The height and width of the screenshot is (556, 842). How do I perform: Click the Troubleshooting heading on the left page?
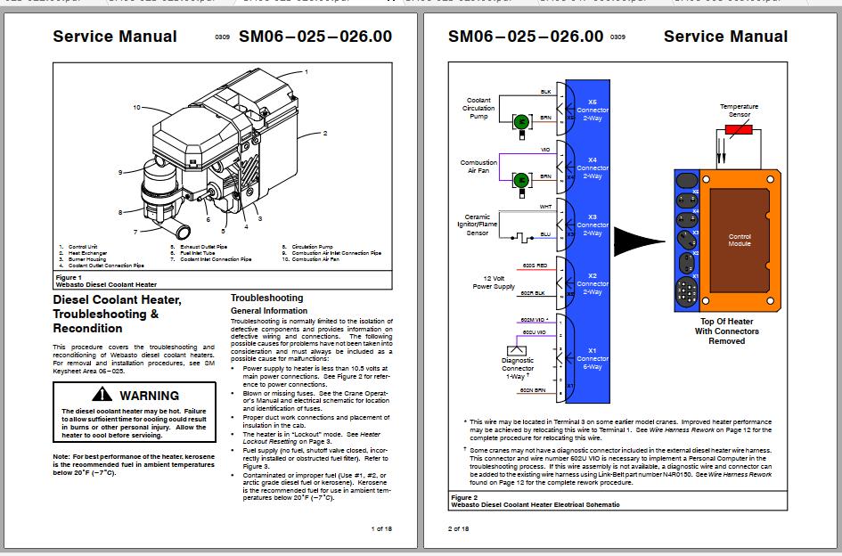coord(266,298)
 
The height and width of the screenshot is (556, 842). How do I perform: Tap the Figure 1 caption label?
coord(69,277)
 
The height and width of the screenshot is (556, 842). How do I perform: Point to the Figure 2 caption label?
coord(464,497)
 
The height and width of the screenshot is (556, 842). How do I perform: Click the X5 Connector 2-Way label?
coord(593,110)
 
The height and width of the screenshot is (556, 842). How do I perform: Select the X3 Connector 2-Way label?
coord(593,225)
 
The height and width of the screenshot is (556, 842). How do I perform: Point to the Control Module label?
coord(740,240)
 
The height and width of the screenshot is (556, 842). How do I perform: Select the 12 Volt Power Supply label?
coord(492,282)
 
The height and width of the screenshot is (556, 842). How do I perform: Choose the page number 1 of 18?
coord(380,528)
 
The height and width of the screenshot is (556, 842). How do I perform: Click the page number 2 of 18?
coord(458,528)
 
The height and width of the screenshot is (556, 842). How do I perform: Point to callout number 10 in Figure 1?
coord(137,107)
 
